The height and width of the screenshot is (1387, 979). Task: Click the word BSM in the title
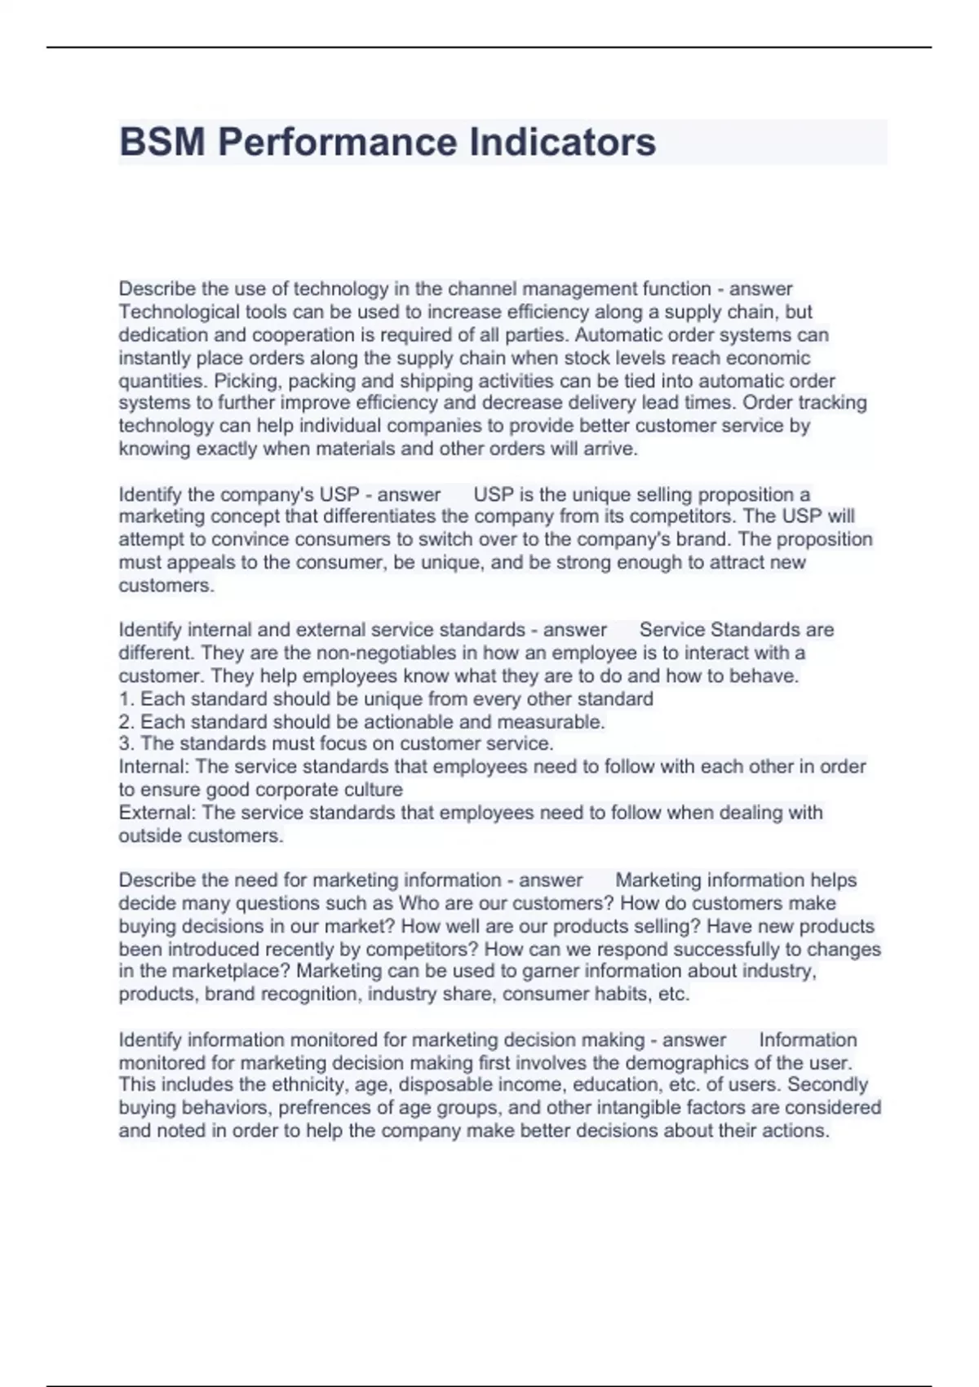click(x=162, y=142)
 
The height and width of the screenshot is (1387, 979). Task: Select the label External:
click(x=157, y=813)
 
